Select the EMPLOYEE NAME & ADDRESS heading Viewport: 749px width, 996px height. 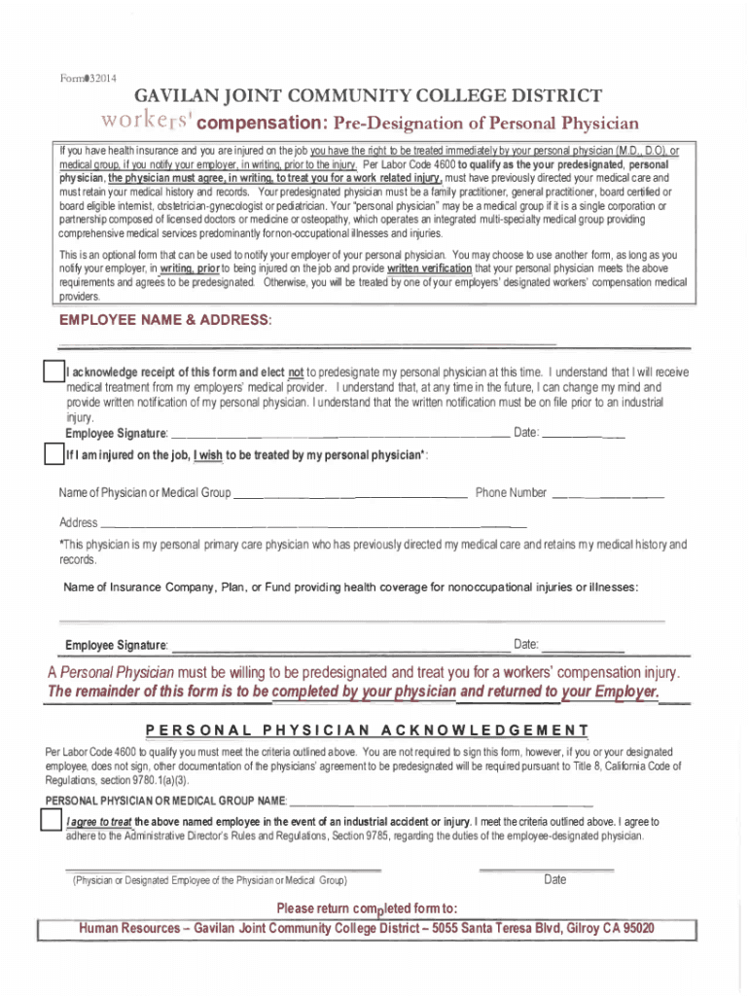pos(165,320)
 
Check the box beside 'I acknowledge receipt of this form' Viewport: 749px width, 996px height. pos(53,373)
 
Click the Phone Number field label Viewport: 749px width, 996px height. pos(511,492)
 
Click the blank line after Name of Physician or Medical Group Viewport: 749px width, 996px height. pos(352,495)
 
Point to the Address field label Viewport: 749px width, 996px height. pos(78,522)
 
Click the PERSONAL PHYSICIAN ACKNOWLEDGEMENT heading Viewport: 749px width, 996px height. pos(367,730)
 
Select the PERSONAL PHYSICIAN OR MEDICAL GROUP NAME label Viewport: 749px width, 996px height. pos(165,800)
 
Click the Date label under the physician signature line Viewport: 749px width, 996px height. pos(554,880)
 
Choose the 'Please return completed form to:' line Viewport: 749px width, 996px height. pos(367,908)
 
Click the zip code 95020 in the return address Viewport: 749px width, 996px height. pos(632,928)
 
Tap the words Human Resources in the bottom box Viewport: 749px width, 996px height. pos(129,928)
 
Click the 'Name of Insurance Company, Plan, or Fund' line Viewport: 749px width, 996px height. pos(350,587)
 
